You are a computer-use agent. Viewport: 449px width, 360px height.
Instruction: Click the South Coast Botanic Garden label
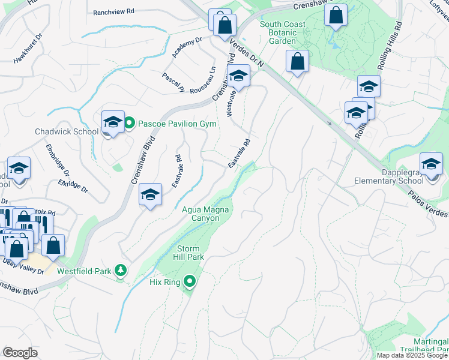[282, 32]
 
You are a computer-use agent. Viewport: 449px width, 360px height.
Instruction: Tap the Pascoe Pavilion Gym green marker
[130, 124]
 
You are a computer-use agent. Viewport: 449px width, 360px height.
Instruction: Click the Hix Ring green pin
[190, 281]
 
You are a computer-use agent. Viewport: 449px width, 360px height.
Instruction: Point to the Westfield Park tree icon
[121, 271]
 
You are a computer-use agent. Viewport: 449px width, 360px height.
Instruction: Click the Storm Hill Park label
[190, 253]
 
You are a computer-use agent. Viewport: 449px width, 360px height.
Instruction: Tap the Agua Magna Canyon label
[202, 214]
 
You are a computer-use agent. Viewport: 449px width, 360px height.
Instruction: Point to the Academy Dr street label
[187, 47]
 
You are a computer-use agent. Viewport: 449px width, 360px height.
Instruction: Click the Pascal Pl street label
[173, 82]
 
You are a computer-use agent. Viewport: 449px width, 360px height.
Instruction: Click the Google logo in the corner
[20, 353]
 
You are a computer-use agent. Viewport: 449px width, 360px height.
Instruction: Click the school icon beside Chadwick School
[113, 122]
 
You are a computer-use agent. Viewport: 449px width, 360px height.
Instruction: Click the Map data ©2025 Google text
[412, 355]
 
